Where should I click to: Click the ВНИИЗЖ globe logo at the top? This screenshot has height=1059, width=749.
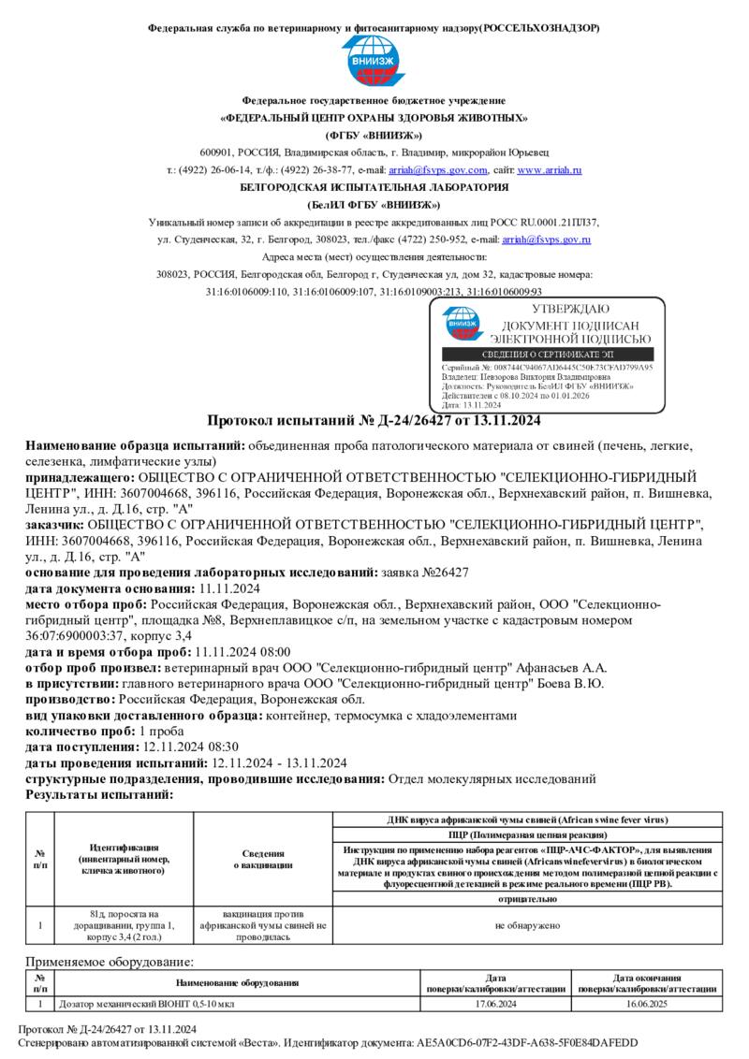(374, 63)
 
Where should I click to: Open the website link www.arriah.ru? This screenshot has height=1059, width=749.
(550, 170)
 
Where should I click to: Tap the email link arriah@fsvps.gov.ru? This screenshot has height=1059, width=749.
(546, 240)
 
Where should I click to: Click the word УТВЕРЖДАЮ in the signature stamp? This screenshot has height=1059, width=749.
(570, 310)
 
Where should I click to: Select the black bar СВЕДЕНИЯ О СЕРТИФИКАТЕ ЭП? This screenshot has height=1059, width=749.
(548, 355)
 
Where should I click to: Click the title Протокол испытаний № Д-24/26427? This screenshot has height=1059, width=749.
(374, 420)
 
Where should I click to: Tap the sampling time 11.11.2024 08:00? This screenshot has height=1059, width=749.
(242, 651)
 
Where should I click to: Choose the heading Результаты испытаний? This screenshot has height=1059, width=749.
(98, 794)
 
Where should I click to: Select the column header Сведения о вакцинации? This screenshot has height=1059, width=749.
(263, 859)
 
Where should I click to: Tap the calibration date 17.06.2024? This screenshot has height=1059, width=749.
(495, 1004)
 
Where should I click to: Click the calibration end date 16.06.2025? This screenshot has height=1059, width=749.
(647, 1004)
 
